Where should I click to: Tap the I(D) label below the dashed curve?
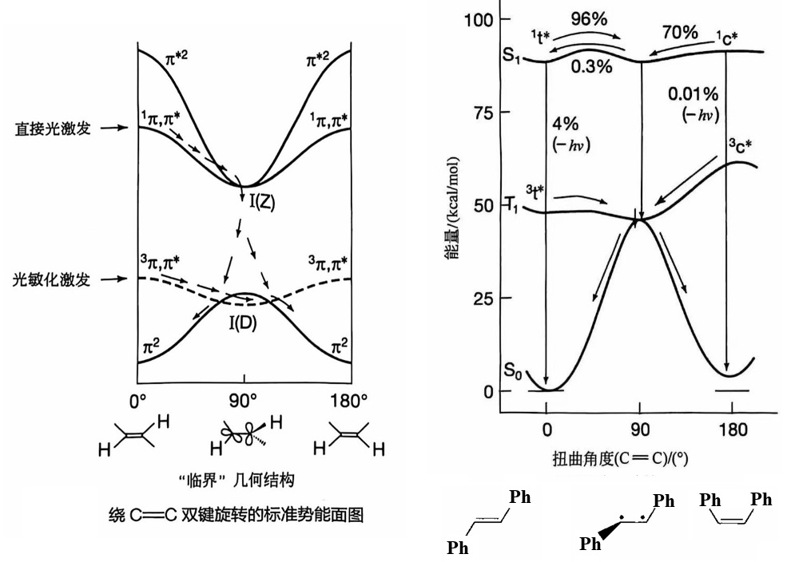pyautogui.click(x=244, y=324)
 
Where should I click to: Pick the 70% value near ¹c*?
pyautogui.click(x=679, y=33)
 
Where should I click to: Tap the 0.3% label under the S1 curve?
pyautogui.click(x=591, y=67)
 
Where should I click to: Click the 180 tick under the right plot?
pyautogui.click(x=733, y=430)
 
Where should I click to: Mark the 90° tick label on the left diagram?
pyautogui.click(x=244, y=399)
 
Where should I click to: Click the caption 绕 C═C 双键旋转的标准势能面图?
pyautogui.click(x=236, y=515)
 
